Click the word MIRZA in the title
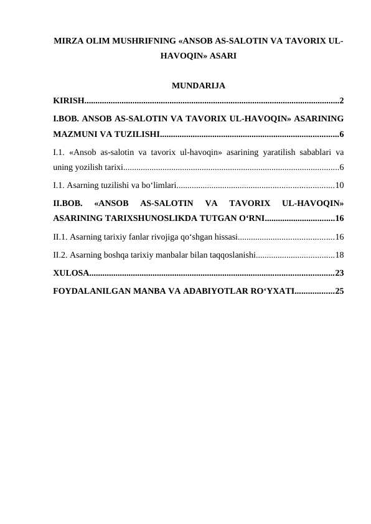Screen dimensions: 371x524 [68, 41]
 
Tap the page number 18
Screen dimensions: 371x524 [339, 255]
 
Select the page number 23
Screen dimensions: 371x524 [339, 273]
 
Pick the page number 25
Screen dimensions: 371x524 [339, 291]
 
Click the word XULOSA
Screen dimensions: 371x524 [70, 273]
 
